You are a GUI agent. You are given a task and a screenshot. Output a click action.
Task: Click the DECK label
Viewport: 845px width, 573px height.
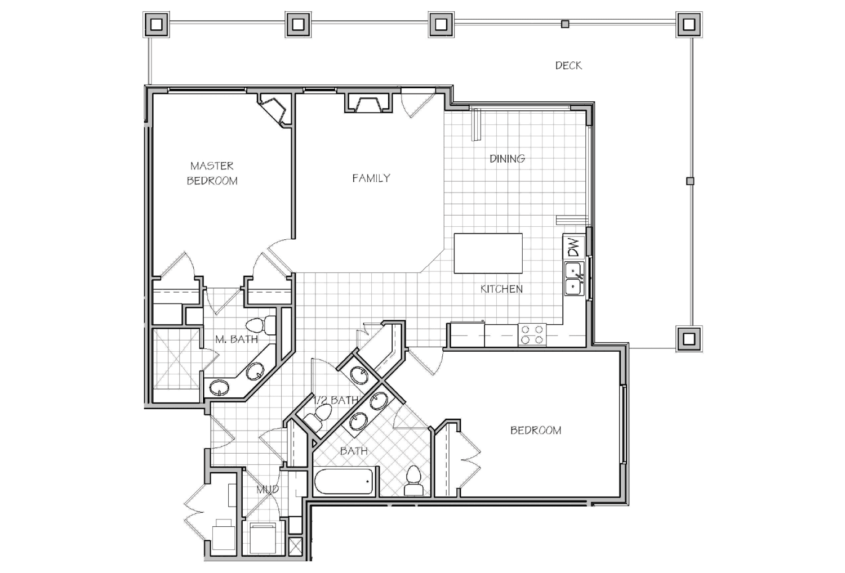[x=568, y=66]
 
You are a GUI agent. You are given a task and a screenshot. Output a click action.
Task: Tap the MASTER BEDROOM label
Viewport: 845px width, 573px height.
[x=212, y=173]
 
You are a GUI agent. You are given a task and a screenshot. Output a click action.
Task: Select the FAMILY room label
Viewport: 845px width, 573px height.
[x=371, y=178]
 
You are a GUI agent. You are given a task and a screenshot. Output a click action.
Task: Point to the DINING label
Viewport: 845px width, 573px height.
[x=507, y=159]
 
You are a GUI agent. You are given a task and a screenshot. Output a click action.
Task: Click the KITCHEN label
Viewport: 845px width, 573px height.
[x=501, y=289]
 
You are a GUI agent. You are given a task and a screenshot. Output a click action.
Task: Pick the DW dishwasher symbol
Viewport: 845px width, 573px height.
[x=574, y=247]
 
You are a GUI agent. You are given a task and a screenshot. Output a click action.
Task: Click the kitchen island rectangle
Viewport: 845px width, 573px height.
[x=488, y=253]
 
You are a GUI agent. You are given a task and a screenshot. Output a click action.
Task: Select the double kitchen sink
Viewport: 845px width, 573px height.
[x=575, y=279]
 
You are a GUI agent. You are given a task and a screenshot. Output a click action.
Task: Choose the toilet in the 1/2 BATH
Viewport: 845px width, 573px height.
[x=317, y=417]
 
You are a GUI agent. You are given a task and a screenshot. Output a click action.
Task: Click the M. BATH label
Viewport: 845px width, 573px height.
[x=237, y=339]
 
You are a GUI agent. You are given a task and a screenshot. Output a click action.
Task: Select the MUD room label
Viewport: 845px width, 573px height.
[x=268, y=489]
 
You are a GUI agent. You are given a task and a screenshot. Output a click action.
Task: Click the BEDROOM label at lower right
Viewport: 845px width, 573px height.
[x=535, y=431]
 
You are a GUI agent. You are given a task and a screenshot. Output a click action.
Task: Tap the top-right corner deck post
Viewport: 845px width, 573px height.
[x=689, y=25]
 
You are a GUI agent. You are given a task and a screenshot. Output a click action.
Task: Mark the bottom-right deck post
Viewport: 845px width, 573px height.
[x=689, y=339]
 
